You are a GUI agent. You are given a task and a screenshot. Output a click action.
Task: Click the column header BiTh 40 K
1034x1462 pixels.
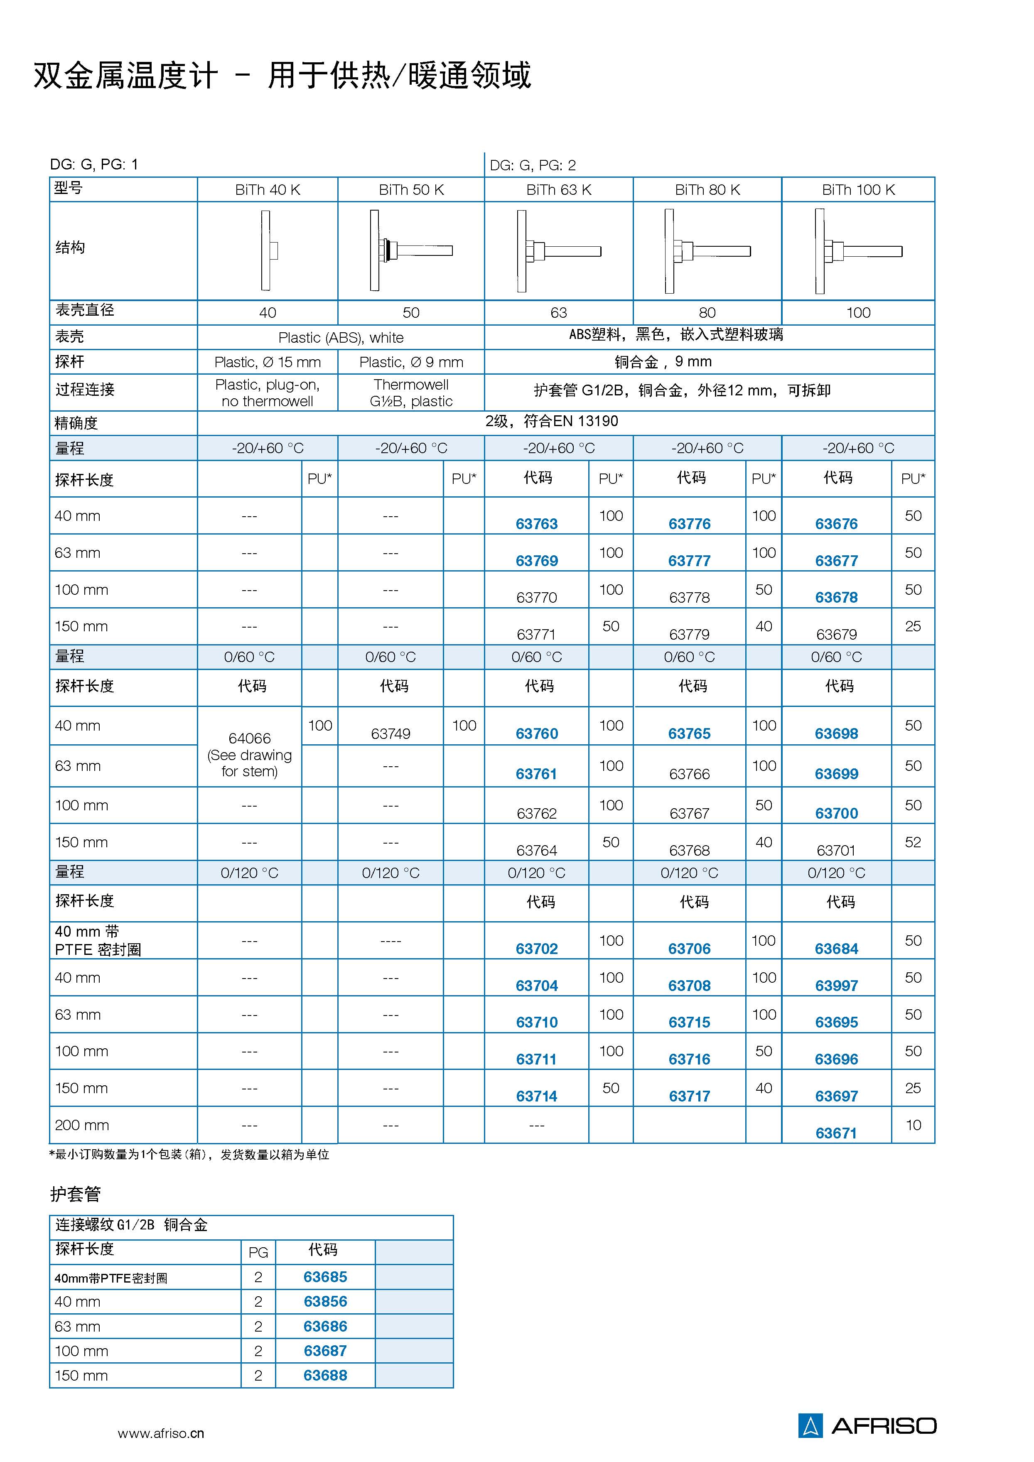tap(268, 190)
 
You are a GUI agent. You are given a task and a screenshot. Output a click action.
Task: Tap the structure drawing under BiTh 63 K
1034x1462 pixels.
tap(558, 251)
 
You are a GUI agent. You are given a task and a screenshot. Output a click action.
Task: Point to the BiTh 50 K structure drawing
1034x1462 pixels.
tap(411, 250)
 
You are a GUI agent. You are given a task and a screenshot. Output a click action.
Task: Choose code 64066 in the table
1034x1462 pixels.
tap(250, 738)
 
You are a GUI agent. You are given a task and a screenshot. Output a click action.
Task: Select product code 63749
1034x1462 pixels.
tap(391, 733)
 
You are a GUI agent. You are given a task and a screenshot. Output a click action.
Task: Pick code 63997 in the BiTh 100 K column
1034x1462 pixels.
tap(836, 985)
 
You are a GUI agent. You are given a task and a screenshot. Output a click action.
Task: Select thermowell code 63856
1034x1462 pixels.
tap(325, 1302)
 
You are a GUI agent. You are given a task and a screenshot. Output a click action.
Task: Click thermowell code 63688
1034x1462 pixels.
tap(325, 1375)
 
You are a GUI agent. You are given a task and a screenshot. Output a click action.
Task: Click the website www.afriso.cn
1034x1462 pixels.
tap(161, 1433)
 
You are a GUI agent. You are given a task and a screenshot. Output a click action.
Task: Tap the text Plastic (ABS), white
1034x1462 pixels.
tap(341, 338)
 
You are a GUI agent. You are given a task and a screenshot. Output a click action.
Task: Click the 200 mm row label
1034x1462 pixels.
tap(81, 1125)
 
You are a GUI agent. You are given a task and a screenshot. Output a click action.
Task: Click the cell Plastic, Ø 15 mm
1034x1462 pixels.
tap(268, 362)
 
